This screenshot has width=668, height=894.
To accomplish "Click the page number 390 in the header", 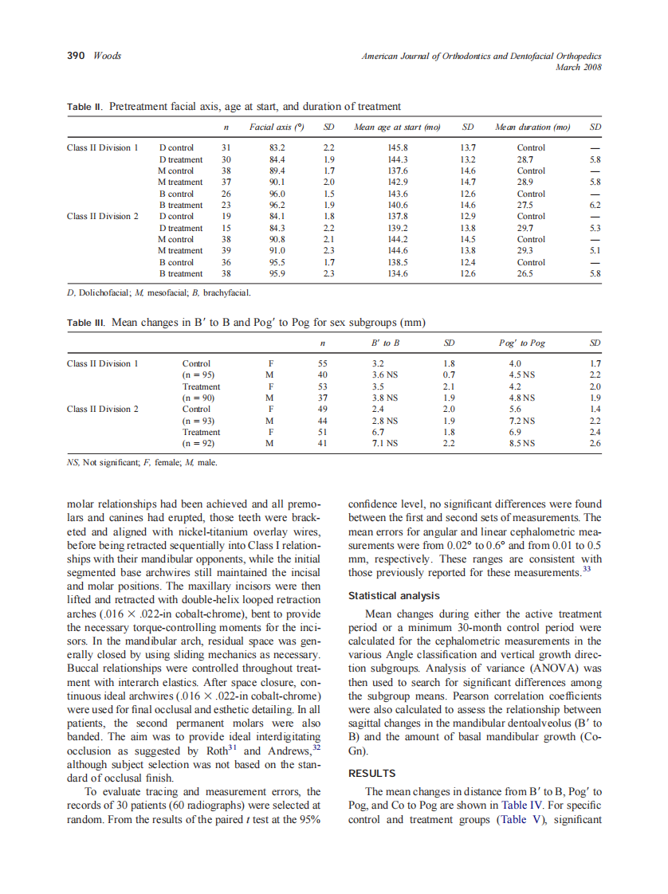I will coord(76,56).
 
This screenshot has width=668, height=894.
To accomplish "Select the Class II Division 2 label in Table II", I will coord(103,216).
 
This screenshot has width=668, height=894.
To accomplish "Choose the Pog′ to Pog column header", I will coord(522,343).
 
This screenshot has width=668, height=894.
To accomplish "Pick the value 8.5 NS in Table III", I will coord(522,443).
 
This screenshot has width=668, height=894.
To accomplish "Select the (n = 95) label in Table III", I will coord(199,374).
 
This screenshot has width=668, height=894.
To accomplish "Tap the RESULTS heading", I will coord(372,773).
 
